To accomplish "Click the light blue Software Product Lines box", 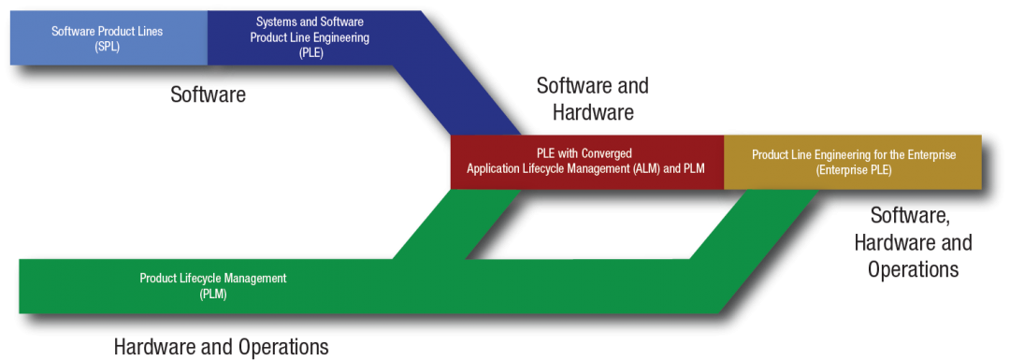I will (x=108, y=37).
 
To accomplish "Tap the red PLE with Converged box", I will (x=585, y=162).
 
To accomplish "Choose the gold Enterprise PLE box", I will (x=853, y=162).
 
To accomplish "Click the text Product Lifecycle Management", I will (x=212, y=278).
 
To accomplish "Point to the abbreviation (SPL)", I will (x=108, y=46).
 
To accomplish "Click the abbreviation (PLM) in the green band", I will (x=212, y=294).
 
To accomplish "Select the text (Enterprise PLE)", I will (x=853, y=170).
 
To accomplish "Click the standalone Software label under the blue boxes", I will (x=209, y=94).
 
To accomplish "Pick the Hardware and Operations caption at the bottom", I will (x=222, y=347).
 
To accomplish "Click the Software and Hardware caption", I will (x=591, y=99).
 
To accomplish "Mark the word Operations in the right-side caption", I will (x=912, y=269).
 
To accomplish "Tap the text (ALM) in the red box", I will (x=633, y=169).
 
